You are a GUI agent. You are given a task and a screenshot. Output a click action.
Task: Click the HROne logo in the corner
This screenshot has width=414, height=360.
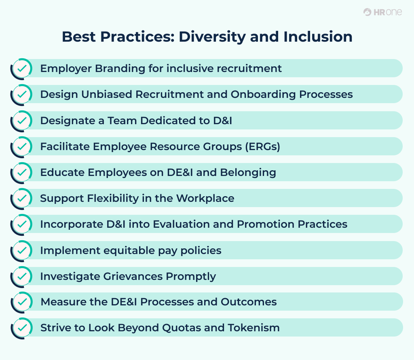tap(382, 12)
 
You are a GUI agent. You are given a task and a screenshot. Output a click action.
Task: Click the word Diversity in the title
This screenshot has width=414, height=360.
tap(212, 37)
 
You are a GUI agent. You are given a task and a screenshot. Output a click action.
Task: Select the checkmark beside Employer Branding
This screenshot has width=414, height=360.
tap(22, 68)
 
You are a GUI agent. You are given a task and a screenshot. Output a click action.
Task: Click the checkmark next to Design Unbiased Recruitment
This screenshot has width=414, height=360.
tap(22, 94)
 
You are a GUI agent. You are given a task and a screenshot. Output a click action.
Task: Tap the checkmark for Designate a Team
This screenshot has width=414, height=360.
tap(22, 121)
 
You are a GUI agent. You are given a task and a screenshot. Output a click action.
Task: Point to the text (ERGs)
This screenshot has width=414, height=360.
tap(262, 146)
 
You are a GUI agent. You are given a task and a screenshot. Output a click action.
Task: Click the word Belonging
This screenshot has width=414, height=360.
tap(248, 173)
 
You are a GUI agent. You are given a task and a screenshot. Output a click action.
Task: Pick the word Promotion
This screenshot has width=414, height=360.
tap(266, 224)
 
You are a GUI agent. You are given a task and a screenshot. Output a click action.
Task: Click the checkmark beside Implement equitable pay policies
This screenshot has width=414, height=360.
tap(22, 250)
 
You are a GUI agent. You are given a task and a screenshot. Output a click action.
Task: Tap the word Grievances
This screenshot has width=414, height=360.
tap(133, 276)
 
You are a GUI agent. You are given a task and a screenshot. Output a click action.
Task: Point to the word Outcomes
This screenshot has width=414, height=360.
tap(249, 302)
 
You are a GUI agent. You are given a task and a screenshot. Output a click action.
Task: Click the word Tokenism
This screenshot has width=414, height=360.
tap(253, 328)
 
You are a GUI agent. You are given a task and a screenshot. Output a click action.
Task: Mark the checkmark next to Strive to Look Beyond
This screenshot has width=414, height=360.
tap(23, 328)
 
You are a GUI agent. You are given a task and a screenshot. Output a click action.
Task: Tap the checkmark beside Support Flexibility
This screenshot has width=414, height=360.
tap(22, 198)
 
